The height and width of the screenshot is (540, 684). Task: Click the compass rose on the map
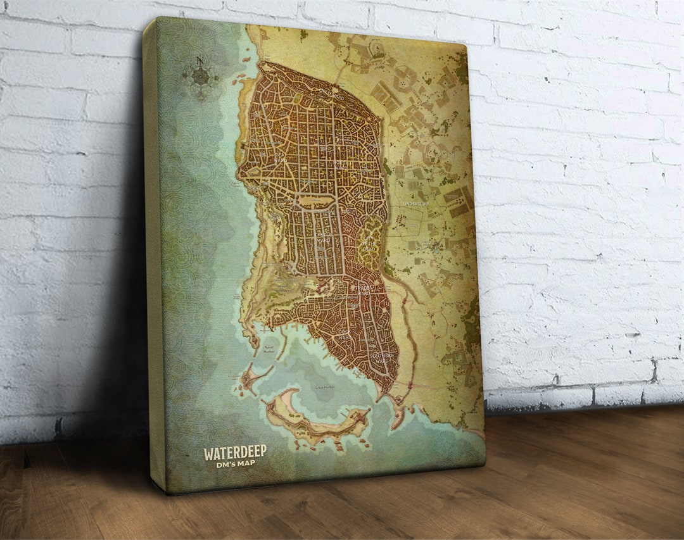coord(201,77)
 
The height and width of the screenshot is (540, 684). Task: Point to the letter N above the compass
coord(200,61)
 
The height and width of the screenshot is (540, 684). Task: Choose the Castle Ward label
coord(323,237)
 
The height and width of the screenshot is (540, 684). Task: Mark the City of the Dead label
coord(369,242)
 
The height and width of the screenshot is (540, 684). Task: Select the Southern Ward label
coord(382,358)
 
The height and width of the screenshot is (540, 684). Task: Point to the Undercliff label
coord(416,204)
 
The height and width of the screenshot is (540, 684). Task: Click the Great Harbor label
coord(324,387)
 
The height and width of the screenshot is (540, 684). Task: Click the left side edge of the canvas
coord(151,253)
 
